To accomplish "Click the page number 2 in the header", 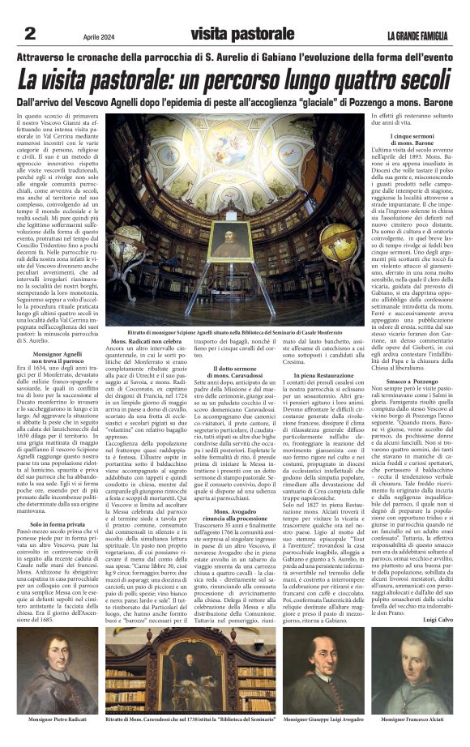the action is tap(30, 33).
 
